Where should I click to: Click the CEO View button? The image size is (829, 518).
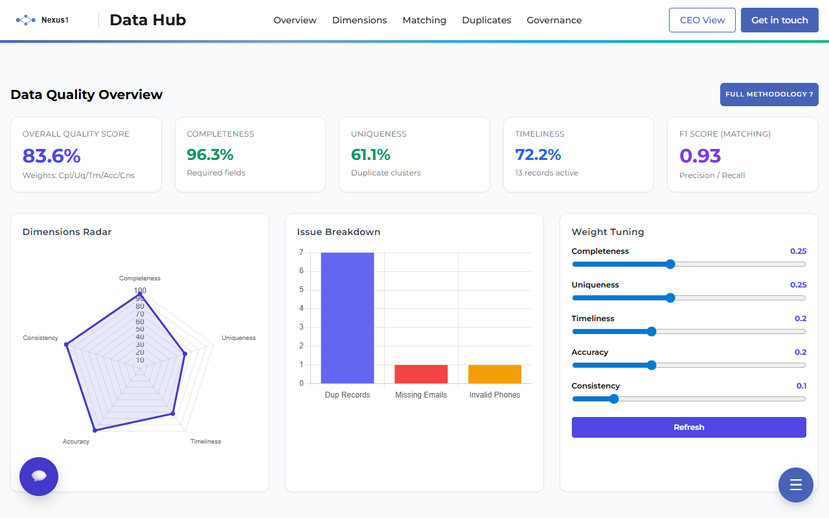[702, 20]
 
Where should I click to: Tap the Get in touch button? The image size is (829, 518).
[779, 20]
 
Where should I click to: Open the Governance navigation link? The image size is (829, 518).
[554, 20]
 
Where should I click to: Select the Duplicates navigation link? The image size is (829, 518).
[486, 20]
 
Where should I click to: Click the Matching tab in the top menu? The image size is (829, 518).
[424, 20]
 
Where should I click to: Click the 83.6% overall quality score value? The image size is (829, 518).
[52, 156]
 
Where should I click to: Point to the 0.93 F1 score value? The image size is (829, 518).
[700, 156]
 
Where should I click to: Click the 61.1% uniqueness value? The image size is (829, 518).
[370, 155]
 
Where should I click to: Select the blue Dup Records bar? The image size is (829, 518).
[347, 317]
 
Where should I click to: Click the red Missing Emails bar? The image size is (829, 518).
[421, 374]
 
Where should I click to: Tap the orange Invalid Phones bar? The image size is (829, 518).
[495, 374]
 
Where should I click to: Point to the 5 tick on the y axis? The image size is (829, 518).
[301, 289]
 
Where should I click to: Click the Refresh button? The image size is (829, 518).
[688, 427]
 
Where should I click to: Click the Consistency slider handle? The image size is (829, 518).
[614, 399]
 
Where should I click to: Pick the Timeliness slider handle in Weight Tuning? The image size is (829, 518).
[652, 332]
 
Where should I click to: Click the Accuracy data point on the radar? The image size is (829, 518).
[95, 429]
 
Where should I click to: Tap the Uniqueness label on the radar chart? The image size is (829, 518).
[238, 338]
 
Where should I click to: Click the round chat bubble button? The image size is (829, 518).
[39, 477]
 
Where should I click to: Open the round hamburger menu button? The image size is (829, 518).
[795, 485]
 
